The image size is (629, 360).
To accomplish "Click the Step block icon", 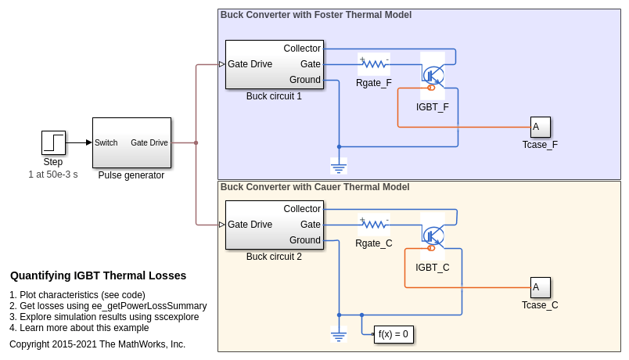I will tap(53, 142).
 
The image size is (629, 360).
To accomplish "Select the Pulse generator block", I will tap(131, 142).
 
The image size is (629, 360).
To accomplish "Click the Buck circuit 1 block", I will tap(273, 64).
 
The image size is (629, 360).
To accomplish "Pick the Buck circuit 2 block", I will tap(273, 225).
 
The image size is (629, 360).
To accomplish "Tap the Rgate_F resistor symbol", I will tap(374, 64).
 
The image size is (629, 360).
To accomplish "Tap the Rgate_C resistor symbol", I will tap(374, 225).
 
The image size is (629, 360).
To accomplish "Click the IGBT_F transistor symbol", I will tap(433, 76).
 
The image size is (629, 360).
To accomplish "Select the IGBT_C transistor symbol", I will tap(433, 236).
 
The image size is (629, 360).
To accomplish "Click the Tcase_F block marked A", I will tap(540, 127).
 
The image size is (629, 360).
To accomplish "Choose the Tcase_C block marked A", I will tap(540, 287).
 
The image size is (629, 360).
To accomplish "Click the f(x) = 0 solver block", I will tap(394, 335).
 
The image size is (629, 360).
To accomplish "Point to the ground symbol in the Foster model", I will tap(339, 165).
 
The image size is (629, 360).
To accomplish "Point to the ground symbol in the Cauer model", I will tap(339, 335).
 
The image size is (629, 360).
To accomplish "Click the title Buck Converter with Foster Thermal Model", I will tap(315, 15).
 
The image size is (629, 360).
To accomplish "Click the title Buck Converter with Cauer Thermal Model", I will tap(314, 187).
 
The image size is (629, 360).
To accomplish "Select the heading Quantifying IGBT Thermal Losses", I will tap(98, 275).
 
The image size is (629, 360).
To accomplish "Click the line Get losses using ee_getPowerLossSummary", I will tap(108, 306).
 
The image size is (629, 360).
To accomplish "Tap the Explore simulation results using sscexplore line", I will tap(104, 317).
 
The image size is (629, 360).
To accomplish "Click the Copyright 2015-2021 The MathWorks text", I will tap(97, 344).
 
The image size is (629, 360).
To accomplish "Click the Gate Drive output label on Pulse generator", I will tap(149, 142).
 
